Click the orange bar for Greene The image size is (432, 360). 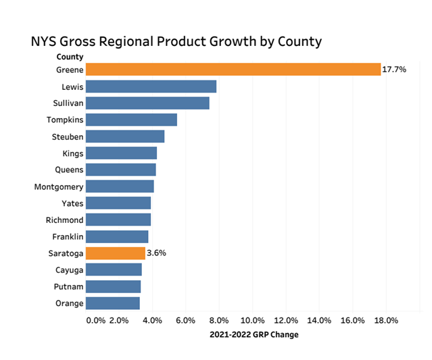[x=233, y=70]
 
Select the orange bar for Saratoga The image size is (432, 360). [x=116, y=253]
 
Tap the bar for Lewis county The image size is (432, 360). [x=151, y=86]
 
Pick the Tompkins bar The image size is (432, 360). [x=132, y=120]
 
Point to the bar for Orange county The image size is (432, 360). [x=113, y=303]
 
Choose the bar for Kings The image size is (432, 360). [x=122, y=153]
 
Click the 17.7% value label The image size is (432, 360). [x=395, y=70]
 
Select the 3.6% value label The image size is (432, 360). [x=156, y=253]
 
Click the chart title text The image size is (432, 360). [x=176, y=41]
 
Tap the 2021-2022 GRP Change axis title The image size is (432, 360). [x=254, y=334]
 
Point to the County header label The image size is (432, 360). [x=70, y=57]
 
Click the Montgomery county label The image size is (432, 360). [x=59, y=187]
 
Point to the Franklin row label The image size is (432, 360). [x=68, y=237]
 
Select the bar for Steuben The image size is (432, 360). [x=126, y=136]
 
